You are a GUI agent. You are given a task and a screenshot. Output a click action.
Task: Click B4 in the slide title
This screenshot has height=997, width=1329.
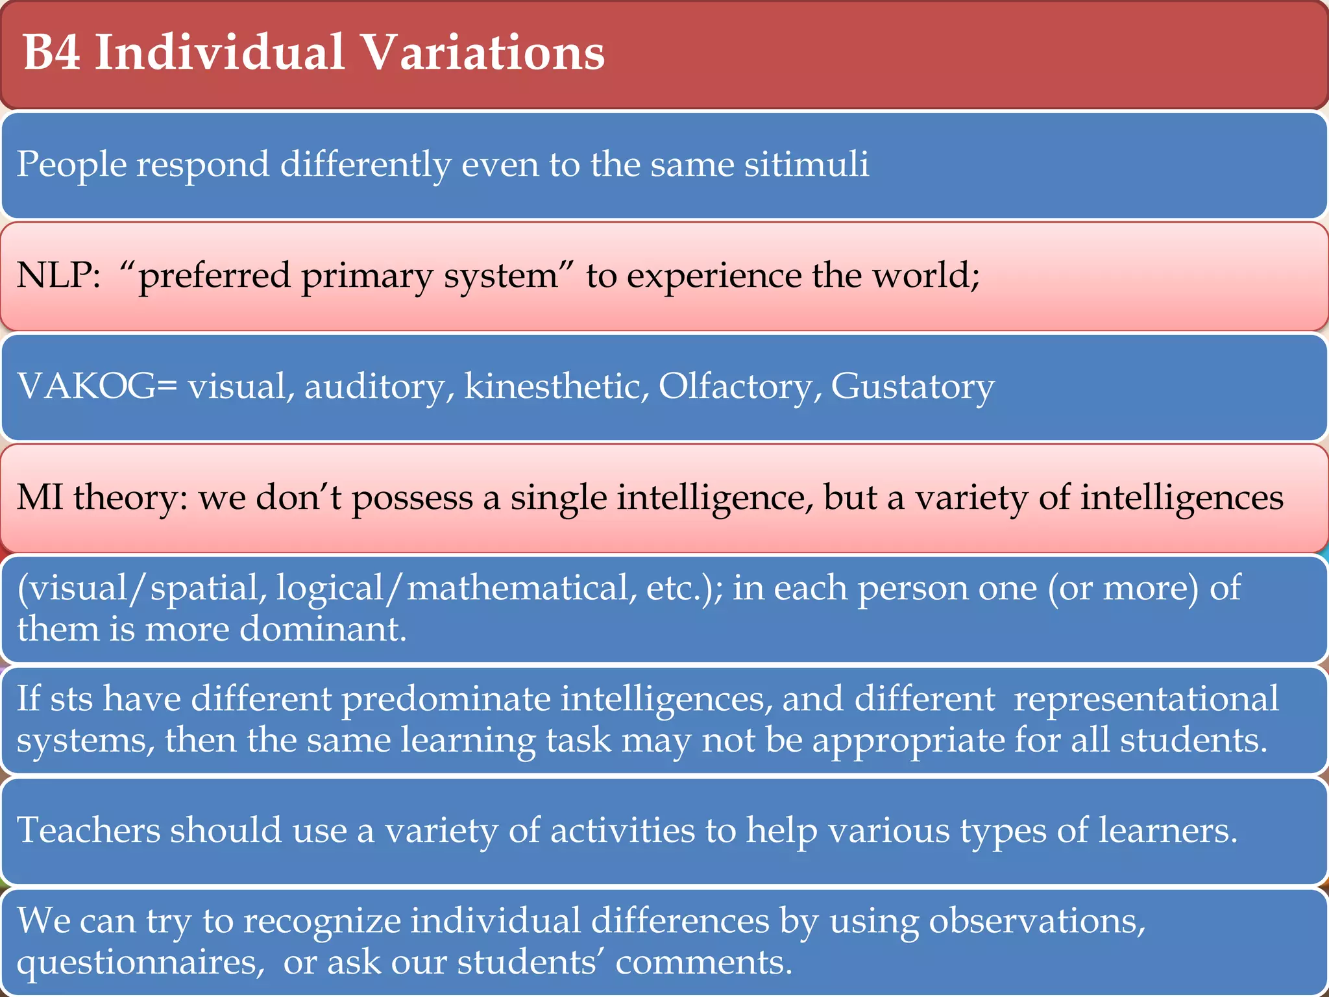pos(52,52)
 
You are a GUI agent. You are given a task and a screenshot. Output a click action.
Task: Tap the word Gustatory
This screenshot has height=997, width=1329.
pos(912,388)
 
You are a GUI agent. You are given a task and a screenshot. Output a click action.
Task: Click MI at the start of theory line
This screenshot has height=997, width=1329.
pos(40,498)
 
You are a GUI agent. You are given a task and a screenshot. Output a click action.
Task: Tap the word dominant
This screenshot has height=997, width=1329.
pos(323,630)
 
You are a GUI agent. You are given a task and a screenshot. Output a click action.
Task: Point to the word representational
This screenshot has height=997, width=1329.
pos(1146,700)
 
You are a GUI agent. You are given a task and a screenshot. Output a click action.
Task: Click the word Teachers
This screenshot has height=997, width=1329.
pos(88,830)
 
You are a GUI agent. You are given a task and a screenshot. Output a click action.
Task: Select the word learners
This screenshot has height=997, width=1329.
pos(1167,830)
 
